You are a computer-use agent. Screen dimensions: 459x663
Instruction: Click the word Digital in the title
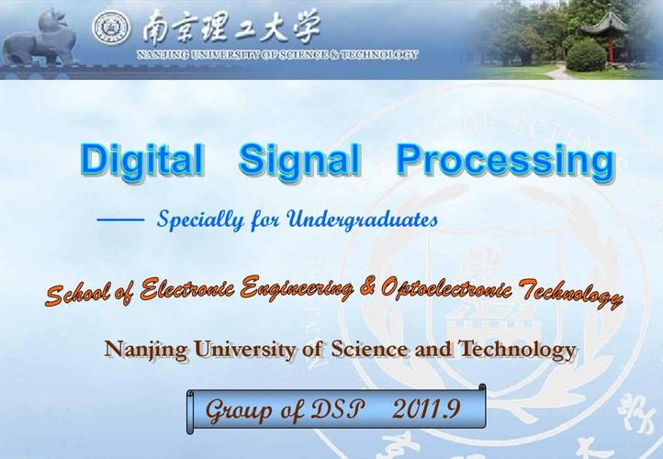coord(141,160)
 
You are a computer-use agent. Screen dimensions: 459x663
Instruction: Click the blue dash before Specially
coord(120,220)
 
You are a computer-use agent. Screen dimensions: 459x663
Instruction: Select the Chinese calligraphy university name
coord(230,28)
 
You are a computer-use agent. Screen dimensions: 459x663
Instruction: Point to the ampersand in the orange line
coord(368,288)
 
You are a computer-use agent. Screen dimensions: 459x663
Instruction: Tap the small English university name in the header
coord(276,54)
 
